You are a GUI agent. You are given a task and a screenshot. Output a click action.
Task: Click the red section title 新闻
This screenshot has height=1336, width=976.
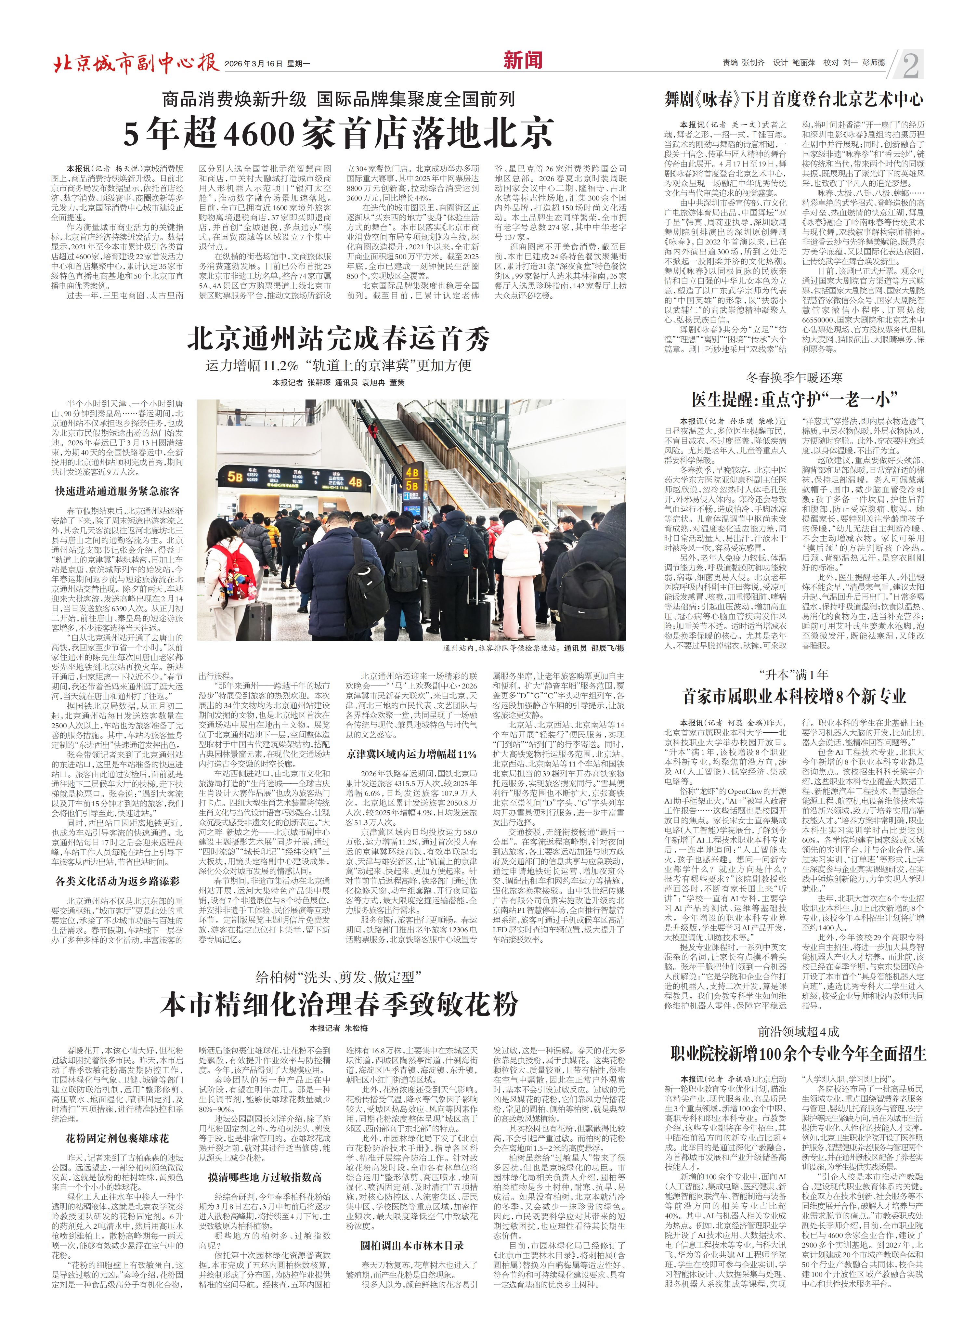coord(522,60)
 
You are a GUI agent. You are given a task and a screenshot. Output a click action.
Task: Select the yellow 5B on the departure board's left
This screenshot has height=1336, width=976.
coord(235,476)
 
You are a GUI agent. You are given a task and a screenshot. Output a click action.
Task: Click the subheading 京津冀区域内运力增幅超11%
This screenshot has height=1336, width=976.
coord(411,754)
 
